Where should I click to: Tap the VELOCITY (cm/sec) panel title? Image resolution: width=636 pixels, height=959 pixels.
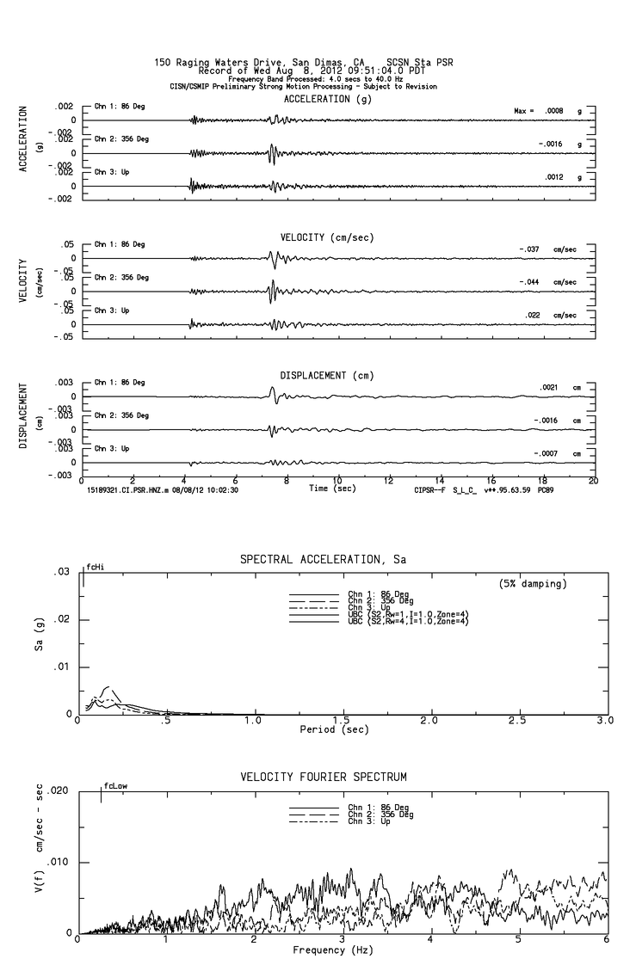[327, 237]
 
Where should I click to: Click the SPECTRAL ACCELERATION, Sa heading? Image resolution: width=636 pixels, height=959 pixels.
[323, 560]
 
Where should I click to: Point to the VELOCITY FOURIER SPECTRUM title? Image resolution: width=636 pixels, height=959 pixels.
[323, 778]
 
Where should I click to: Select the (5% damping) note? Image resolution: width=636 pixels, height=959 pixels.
[533, 584]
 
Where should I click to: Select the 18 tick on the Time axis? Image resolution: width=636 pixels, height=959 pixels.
[542, 480]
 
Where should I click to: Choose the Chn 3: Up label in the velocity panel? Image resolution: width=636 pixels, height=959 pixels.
[112, 310]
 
